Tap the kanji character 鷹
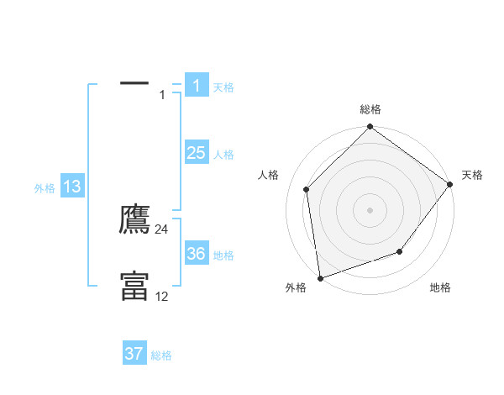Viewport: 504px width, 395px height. click(x=134, y=219)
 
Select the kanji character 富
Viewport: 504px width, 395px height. click(x=134, y=286)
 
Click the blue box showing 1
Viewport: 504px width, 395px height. click(x=196, y=85)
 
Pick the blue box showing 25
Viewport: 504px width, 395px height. click(x=196, y=152)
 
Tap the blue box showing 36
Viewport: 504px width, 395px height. click(x=196, y=254)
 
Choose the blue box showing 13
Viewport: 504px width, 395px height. click(x=72, y=187)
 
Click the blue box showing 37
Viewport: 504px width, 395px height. click(x=134, y=354)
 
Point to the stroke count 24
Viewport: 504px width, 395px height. click(x=162, y=229)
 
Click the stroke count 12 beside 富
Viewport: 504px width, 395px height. click(x=162, y=296)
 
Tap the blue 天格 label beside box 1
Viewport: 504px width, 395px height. click(x=223, y=87)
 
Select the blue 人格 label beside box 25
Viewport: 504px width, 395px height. click(x=223, y=155)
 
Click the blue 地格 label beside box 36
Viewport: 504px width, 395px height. click(x=223, y=255)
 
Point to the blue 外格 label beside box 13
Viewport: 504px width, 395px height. click(x=45, y=189)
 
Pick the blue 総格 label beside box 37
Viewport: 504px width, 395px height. click(x=161, y=356)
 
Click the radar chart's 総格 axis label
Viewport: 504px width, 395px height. click(x=370, y=109)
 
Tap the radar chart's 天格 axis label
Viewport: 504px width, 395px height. click(x=472, y=175)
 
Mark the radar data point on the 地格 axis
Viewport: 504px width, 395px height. click(x=400, y=251)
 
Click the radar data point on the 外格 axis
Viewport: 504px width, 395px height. click(x=320, y=277)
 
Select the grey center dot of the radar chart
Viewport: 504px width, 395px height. click(x=370, y=209)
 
